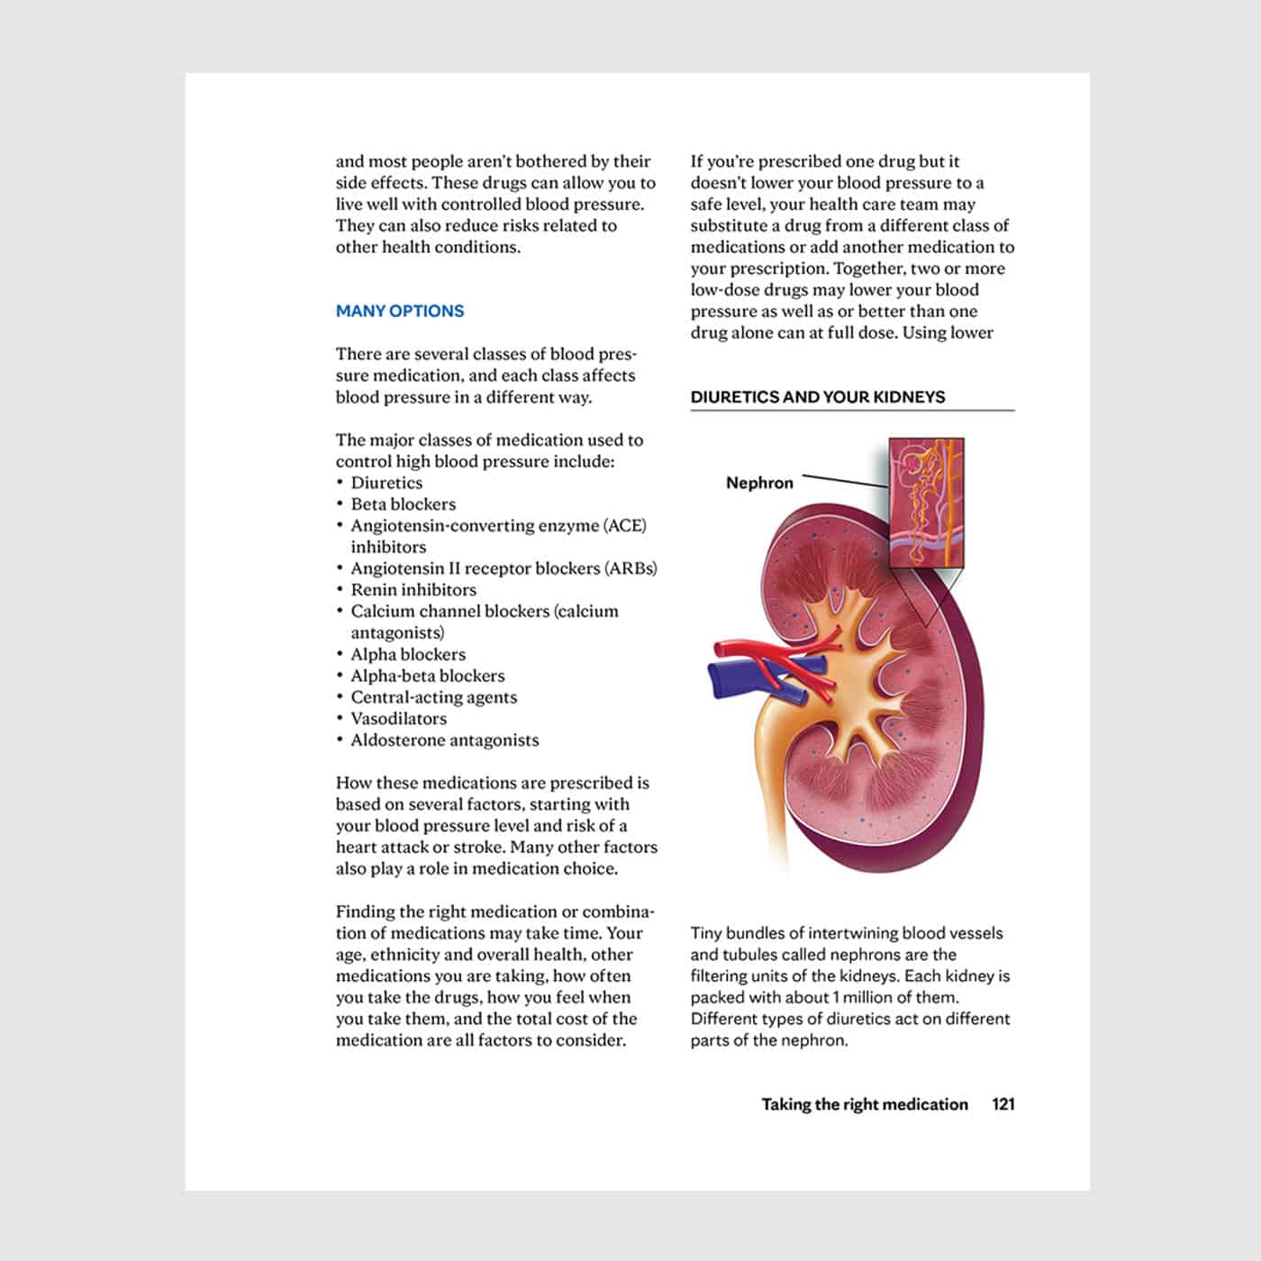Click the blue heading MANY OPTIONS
(400, 311)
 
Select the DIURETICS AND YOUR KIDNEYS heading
(818, 396)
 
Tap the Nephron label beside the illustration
(759, 483)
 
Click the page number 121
(1002, 1104)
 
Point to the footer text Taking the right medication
(865, 1104)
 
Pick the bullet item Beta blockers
(403, 504)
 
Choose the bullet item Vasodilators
(398, 719)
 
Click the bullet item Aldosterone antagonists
(444, 740)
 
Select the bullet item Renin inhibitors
(413, 590)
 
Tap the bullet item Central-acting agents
(433, 697)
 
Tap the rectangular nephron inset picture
(926, 503)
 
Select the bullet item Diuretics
(386, 483)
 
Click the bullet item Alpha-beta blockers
(427, 676)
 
